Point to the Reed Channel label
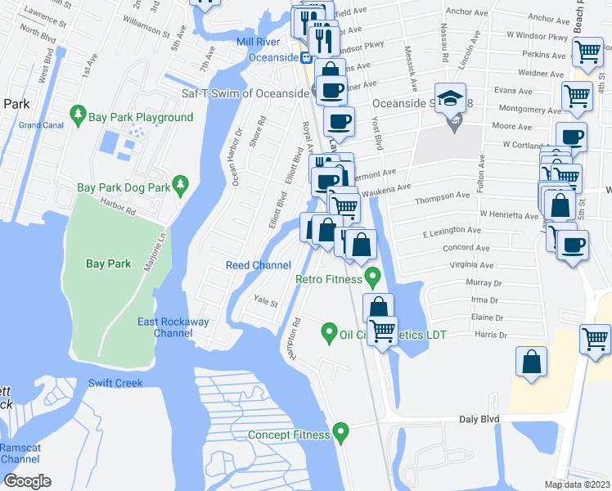point(259,265)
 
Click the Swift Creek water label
point(115,383)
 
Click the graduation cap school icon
point(450,98)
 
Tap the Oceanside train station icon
point(304,57)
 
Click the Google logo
point(27,481)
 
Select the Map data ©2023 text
point(578,484)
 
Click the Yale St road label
point(266,300)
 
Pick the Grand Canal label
point(41,125)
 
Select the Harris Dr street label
point(491,335)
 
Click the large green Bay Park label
point(108,264)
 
